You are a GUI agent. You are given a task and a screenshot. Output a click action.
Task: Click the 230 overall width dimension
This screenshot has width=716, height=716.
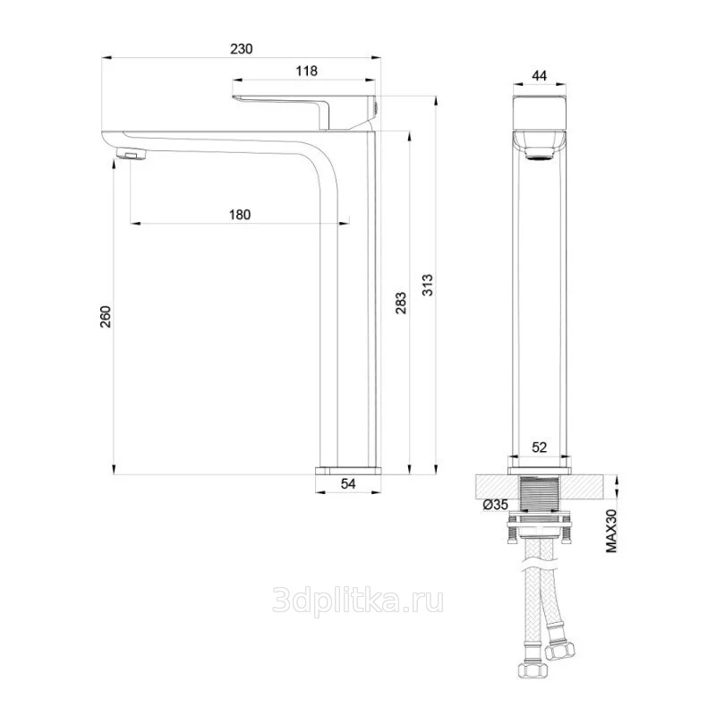[241, 49]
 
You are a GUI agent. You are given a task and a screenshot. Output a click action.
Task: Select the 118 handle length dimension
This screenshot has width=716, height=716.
[306, 71]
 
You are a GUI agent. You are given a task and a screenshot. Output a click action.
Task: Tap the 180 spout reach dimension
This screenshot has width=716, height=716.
[240, 214]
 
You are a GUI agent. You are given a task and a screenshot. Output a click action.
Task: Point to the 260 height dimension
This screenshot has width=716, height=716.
[106, 316]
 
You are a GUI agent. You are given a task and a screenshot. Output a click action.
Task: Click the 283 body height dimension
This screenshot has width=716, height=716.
[400, 303]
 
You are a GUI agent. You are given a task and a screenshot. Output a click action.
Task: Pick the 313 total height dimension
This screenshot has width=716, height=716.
[427, 285]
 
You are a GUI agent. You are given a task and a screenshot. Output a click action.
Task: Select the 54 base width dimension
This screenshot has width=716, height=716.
[348, 483]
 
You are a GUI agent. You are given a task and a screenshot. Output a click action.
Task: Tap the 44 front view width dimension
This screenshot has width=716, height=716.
[540, 75]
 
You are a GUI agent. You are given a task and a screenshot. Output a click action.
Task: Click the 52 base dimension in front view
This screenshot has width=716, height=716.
[540, 447]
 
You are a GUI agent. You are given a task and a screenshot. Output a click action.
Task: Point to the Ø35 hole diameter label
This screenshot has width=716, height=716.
[496, 505]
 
